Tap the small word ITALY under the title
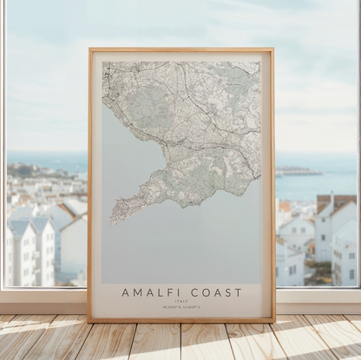point(181,301)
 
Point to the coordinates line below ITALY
point(181,306)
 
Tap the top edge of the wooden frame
point(180,49)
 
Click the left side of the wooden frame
point(89,182)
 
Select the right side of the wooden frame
point(272,182)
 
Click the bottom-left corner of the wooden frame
point(89,321)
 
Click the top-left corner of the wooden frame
point(89,49)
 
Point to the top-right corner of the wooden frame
point(272,49)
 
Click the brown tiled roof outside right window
point(337,201)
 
